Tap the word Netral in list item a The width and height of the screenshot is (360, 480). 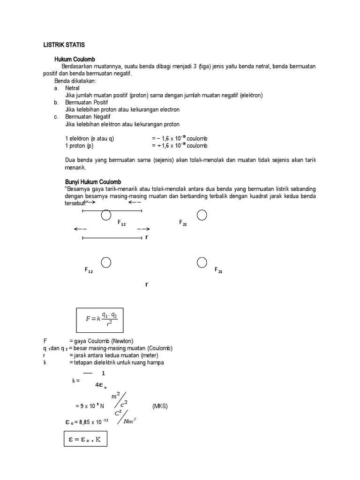click(x=72, y=88)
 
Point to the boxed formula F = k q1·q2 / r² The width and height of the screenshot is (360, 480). click(x=102, y=320)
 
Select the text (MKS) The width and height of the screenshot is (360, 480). click(x=160, y=406)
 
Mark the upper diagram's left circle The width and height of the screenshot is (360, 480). click(x=106, y=215)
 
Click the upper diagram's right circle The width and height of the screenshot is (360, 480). click(x=202, y=215)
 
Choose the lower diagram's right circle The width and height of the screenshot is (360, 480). click(x=202, y=262)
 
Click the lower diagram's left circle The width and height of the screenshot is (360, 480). click(x=106, y=262)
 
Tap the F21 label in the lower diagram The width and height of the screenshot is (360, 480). click(x=218, y=270)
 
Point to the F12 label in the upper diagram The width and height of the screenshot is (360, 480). click(x=121, y=223)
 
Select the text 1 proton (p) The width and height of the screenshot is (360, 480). click(x=80, y=146)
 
